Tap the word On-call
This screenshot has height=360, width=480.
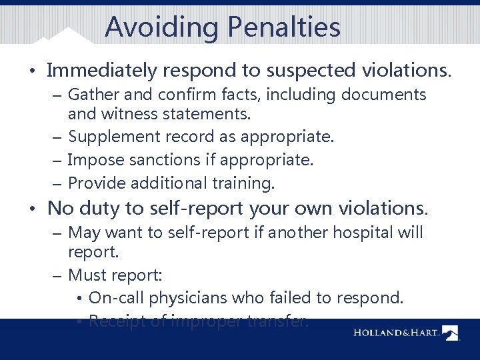point(117,297)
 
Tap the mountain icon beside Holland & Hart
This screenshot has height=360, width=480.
point(451,333)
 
